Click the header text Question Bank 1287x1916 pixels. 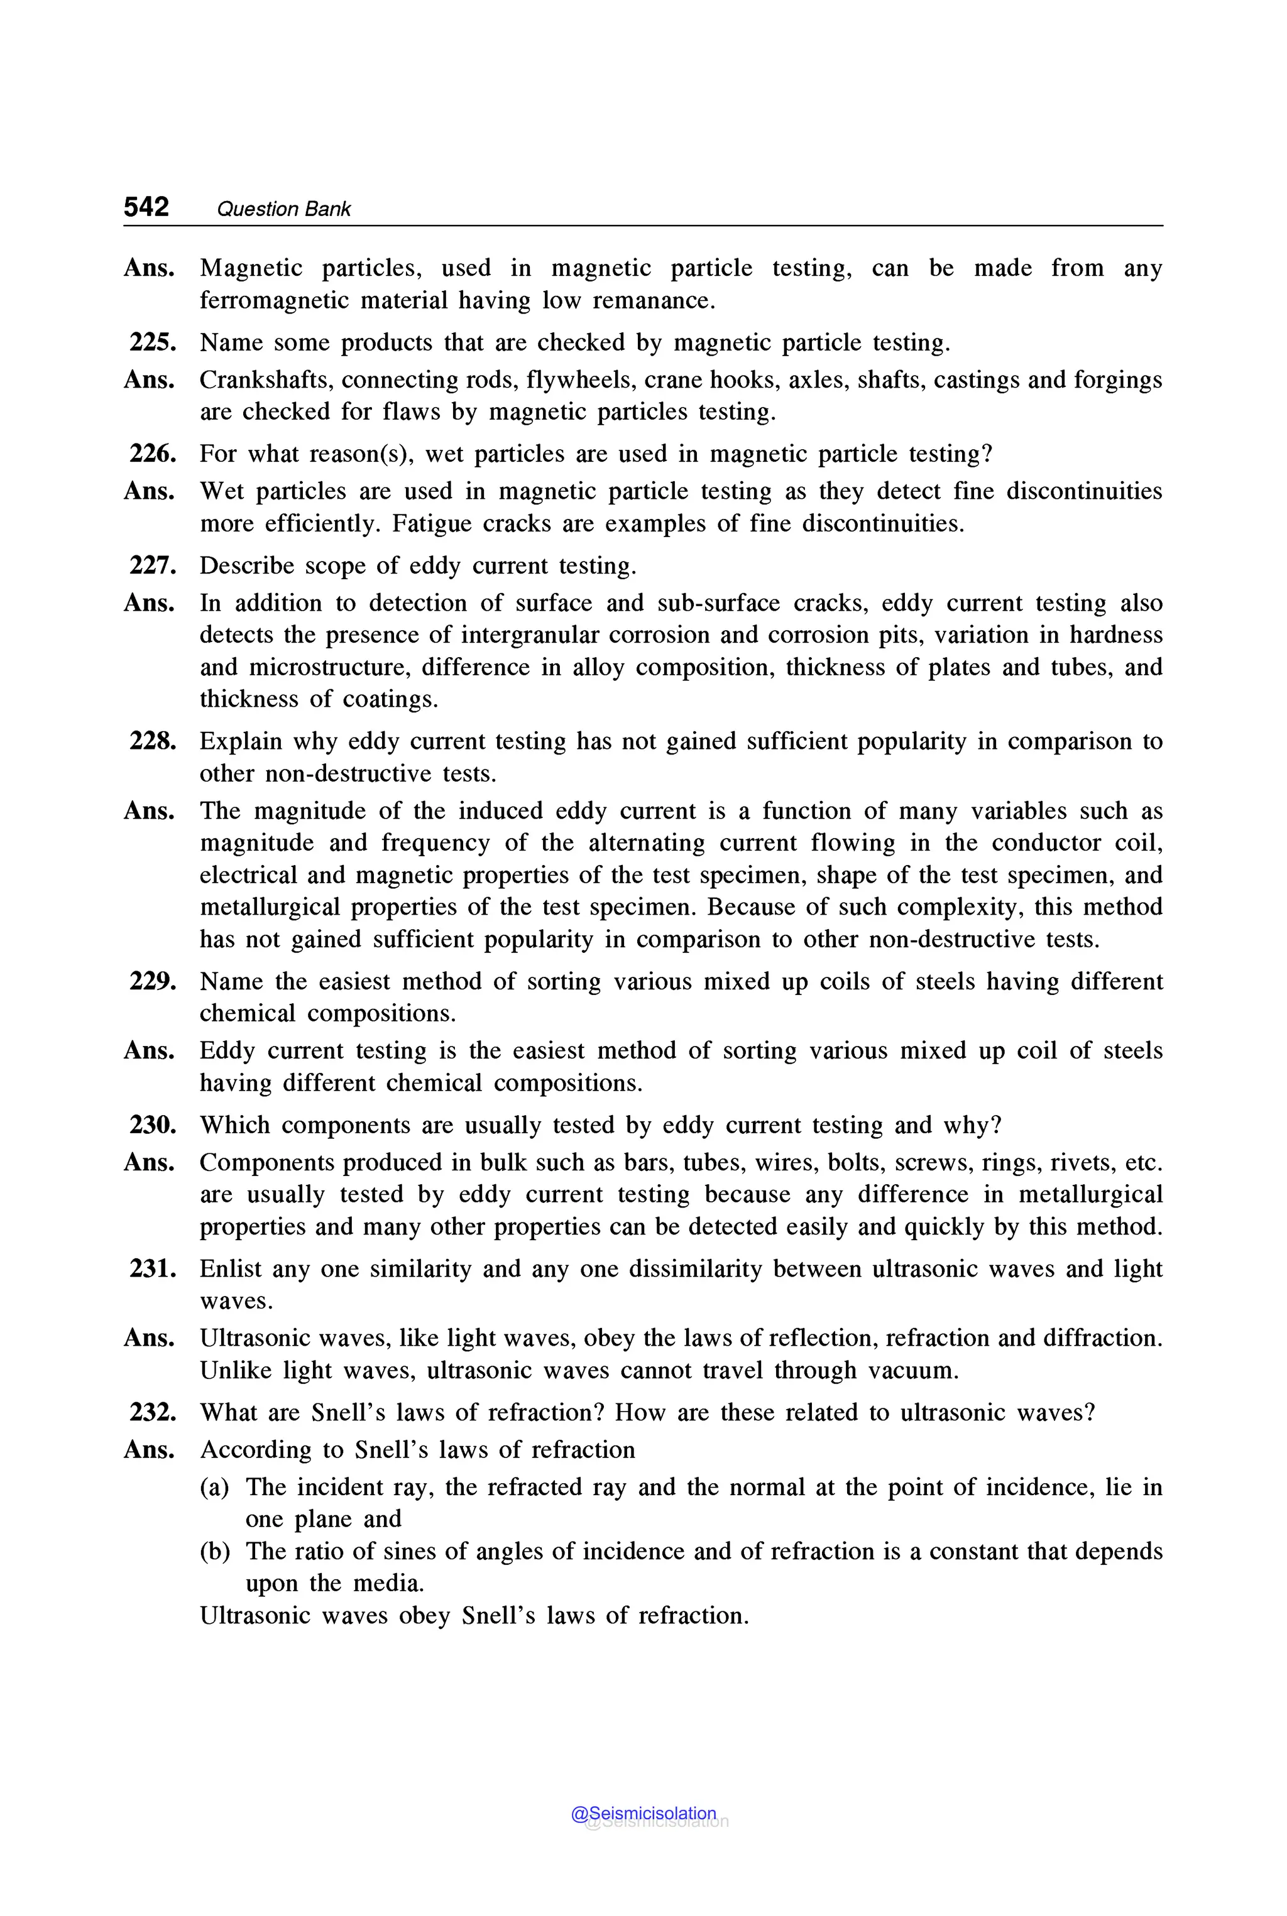[x=283, y=209]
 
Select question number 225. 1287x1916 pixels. [x=153, y=342]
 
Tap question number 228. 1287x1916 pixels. [x=153, y=741]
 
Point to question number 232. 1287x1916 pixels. [x=153, y=1412]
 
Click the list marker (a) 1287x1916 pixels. [x=214, y=1487]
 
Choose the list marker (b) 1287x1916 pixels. [x=214, y=1551]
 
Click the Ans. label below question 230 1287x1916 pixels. [x=150, y=1163]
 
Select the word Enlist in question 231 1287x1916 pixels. [x=230, y=1270]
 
